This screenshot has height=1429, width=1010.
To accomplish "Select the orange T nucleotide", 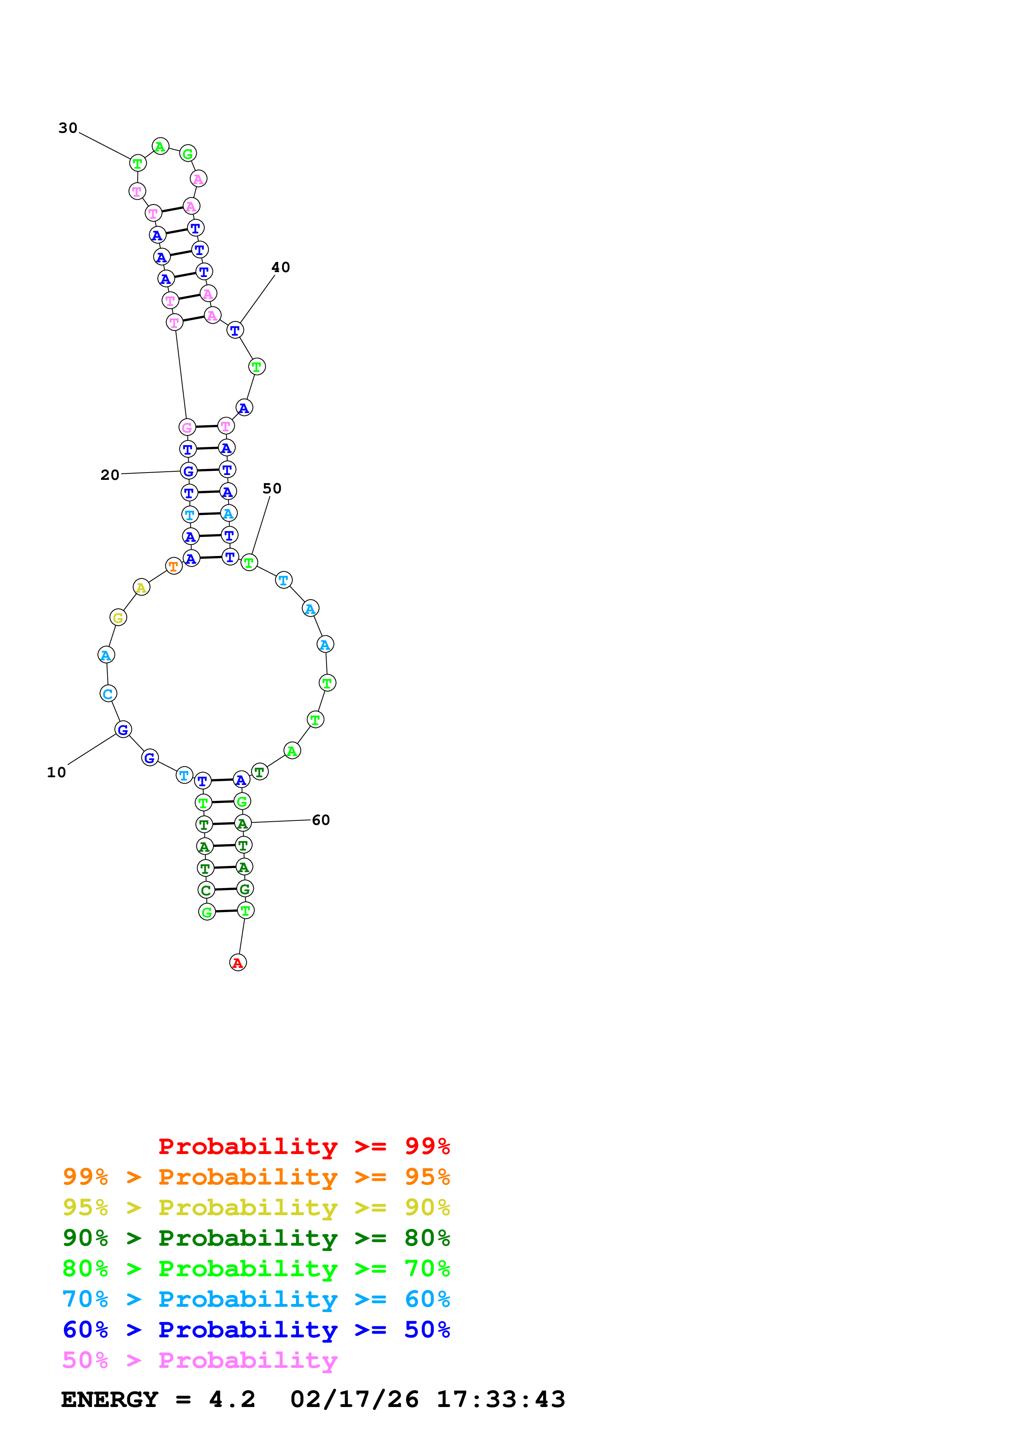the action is [x=174, y=566].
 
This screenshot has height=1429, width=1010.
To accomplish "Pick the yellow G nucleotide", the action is [x=118, y=618].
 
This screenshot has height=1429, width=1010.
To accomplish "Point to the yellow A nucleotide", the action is [x=142, y=587].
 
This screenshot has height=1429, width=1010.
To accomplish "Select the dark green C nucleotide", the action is [x=206, y=890].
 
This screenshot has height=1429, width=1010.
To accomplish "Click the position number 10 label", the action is [x=57, y=772].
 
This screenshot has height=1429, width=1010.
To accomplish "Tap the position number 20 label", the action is [x=110, y=475].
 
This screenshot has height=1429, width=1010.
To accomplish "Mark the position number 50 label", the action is [x=272, y=488].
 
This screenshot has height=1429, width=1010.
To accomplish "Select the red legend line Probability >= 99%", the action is [x=304, y=1146].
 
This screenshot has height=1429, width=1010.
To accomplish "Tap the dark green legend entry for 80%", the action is [x=256, y=1238].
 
